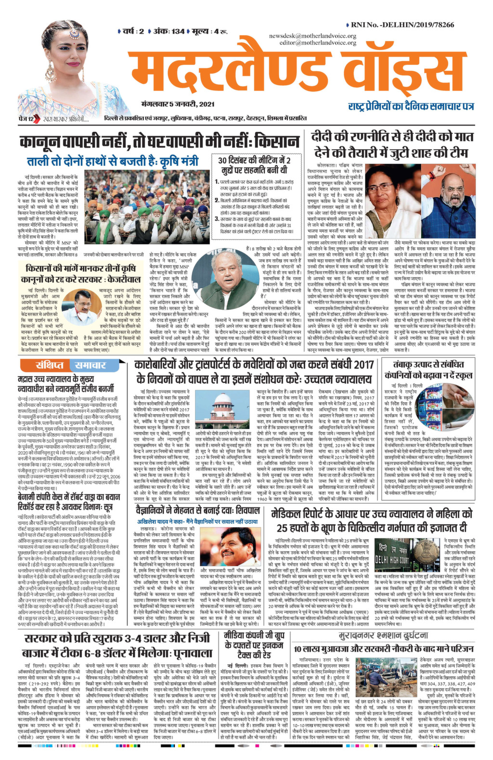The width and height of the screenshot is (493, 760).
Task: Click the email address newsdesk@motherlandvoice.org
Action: pos(312,36)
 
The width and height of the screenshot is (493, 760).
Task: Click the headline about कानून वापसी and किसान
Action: pos(159,142)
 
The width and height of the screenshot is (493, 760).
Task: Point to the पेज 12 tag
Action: pos(23,118)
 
